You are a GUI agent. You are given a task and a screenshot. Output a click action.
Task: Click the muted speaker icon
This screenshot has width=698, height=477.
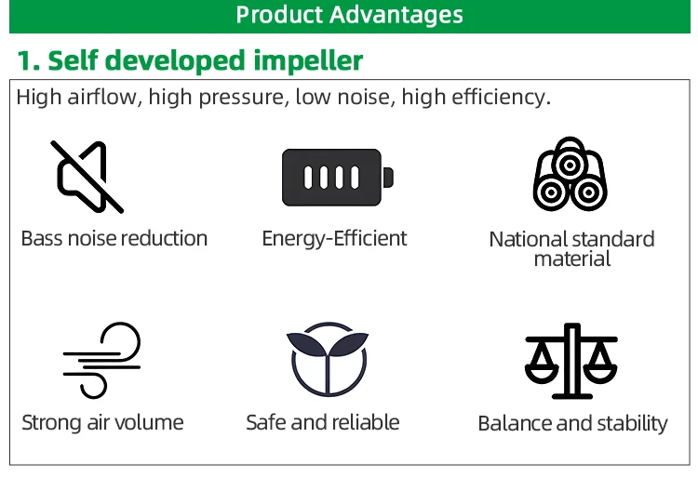(x=87, y=177)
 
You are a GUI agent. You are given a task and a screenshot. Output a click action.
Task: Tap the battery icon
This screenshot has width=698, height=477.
(x=338, y=178)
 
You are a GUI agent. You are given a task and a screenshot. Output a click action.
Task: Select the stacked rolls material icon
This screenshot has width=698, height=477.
(x=570, y=174)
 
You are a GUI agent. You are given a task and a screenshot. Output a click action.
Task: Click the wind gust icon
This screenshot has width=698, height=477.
(x=101, y=360)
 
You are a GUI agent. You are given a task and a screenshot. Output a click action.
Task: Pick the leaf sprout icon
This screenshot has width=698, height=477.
(x=328, y=359)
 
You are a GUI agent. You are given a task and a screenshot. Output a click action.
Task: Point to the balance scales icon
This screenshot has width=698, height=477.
(x=571, y=361)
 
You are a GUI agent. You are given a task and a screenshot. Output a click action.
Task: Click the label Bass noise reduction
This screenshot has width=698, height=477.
(x=114, y=239)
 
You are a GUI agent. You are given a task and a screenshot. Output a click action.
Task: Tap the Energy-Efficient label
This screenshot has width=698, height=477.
(x=334, y=239)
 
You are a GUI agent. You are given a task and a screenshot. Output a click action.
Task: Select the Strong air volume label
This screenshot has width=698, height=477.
(x=102, y=422)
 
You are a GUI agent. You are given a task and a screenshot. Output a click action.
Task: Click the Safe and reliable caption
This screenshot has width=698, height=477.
(x=323, y=422)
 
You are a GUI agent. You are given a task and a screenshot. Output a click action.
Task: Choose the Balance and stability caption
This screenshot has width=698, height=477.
(x=572, y=423)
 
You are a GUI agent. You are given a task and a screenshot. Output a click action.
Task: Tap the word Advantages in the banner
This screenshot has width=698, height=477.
(x=396, y=16)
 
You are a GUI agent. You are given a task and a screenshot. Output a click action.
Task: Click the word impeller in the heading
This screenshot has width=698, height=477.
(x=308, y=60)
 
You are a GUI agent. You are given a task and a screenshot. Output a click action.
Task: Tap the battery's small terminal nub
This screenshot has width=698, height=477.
(x=388, y=178)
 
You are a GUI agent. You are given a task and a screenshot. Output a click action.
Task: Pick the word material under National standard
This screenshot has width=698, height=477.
(x=572, y=258)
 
